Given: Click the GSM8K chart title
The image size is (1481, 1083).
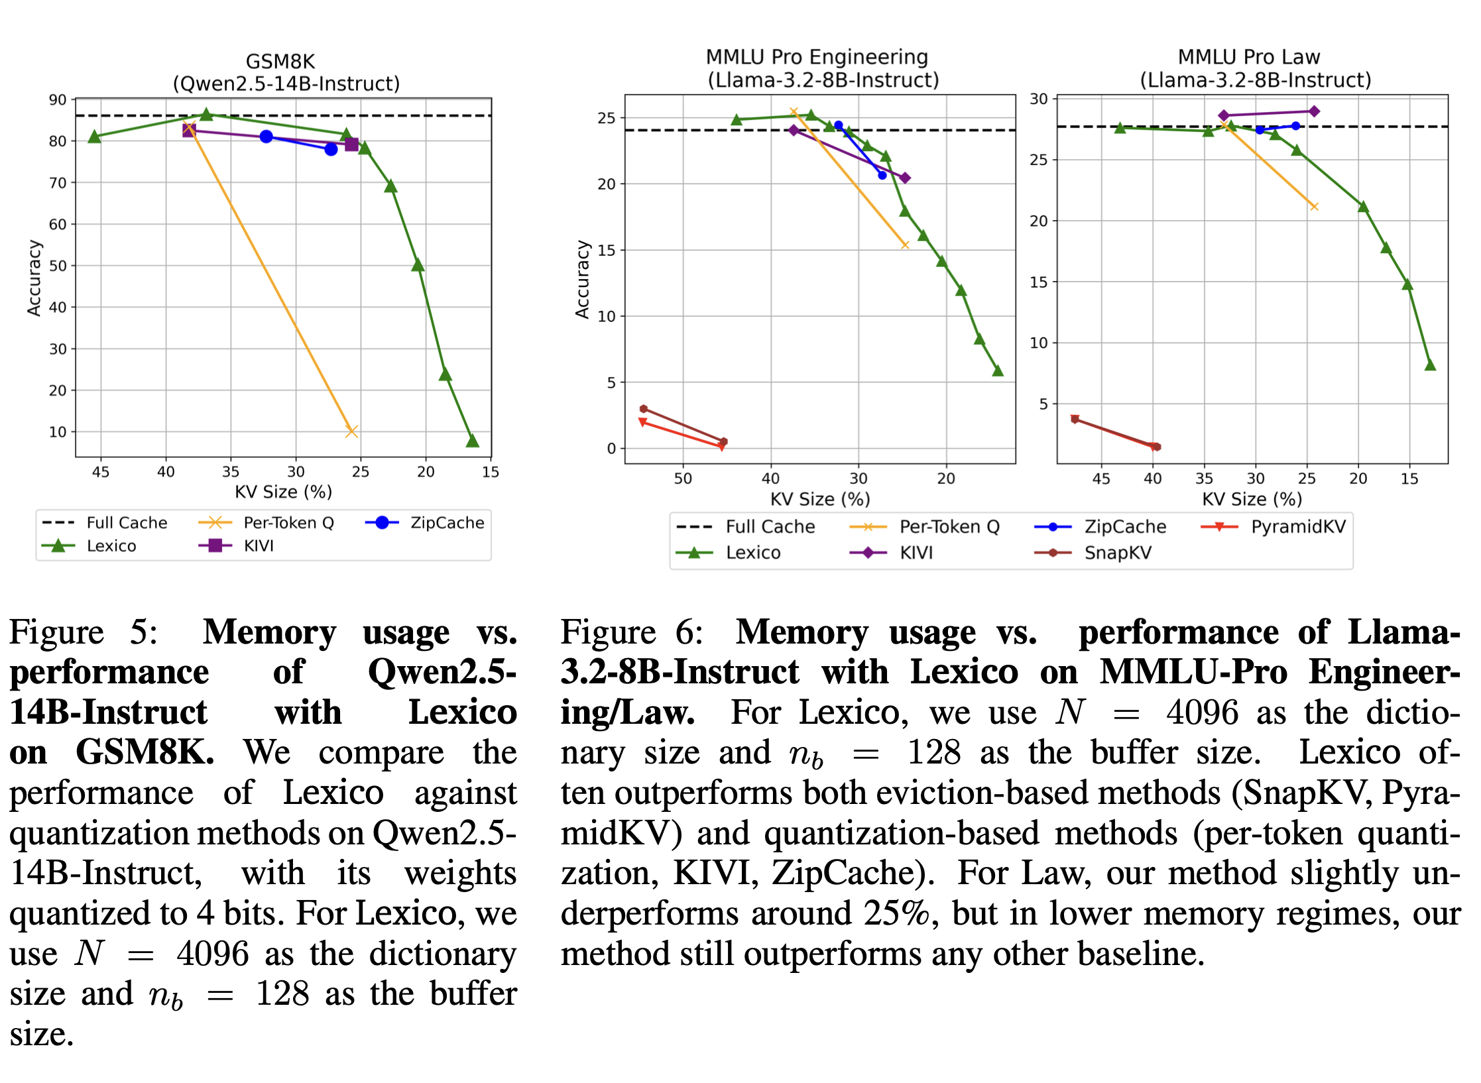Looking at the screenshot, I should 280,62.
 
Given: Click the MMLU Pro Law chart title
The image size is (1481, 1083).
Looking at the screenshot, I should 1248,57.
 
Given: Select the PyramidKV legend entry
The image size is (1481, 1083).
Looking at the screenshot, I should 1298,527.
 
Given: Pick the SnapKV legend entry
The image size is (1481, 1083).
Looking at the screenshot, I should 1118,553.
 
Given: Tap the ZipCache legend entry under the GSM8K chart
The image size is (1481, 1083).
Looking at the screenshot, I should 447,523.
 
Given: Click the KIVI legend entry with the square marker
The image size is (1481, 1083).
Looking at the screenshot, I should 258,546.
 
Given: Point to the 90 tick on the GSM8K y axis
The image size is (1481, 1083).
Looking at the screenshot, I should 58,100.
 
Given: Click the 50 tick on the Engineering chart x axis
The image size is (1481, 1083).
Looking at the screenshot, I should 683,479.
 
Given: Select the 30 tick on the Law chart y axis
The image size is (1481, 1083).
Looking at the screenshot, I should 1038,99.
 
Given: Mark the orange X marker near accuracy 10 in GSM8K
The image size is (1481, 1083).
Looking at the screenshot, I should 351,431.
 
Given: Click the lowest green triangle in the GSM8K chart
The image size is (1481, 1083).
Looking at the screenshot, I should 472,441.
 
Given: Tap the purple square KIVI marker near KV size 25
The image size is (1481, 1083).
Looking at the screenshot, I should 351,144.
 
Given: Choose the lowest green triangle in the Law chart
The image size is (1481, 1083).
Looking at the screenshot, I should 1430,365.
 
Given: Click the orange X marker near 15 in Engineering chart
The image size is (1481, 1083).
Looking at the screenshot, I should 904,245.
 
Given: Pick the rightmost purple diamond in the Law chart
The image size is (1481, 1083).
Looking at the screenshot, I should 1313,111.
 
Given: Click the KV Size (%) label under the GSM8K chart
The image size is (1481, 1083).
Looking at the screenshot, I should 283,492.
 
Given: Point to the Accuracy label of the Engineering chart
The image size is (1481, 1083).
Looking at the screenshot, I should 582,279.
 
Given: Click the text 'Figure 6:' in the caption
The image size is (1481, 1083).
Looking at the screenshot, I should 631,632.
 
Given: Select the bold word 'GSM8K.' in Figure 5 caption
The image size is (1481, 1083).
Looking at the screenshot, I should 145,753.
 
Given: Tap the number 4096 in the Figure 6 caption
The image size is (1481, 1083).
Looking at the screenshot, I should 1202,713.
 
